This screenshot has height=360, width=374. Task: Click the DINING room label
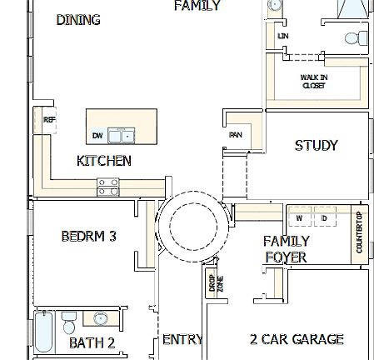pyautogui.click(x=78, y=20)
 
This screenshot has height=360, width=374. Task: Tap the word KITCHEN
pyautogui.click(x=103, y=161)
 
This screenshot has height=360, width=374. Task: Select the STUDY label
pyautogui.click(x=317, y=146)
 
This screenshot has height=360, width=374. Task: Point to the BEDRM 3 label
pyautogui.click(x=88, y=237)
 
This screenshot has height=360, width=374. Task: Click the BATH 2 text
pyautogui.click(x=92, y=342)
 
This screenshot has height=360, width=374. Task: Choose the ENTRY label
pyautogui.click(x=182, y=339)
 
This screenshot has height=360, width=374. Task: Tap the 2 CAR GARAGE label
pyautogui.click(x=297, y=339)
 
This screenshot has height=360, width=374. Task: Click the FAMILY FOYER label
pyautogui.click(x=286, y=249)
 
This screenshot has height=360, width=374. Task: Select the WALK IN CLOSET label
pyautogui.click(x=313, y=81)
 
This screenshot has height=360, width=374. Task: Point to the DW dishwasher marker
pyautogui.click(x=97, y=136)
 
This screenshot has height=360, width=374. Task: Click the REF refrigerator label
pyautogui.click(x=49, y=120)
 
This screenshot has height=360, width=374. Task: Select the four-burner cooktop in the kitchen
pyautogui.click(x=108, y=187)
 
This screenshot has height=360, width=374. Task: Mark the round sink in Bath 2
pyautogui.click(x=102, y=318)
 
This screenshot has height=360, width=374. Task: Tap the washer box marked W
pyautogui.click(x=299, y=218)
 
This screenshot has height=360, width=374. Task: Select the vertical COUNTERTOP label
pyautogui.click(x=360, y=234)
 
